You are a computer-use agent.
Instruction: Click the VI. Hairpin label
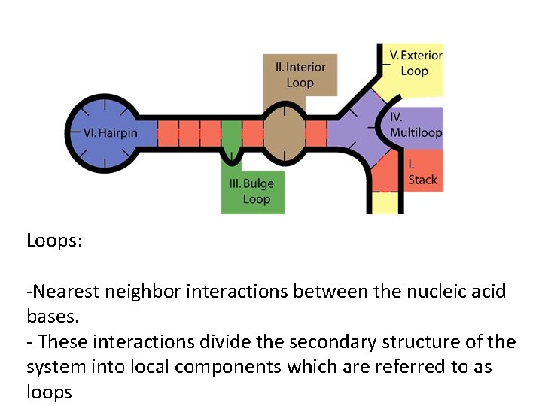tap(110, 133)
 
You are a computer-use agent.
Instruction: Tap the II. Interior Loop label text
tap(300, 74)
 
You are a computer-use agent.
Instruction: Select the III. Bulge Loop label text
tap(252, 191)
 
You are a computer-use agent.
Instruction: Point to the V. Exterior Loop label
tap(416, 63)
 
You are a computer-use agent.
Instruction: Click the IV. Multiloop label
tap(416, 125)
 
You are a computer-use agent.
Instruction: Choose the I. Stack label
tap(422, 172)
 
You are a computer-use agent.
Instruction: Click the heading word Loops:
tap(54, 241)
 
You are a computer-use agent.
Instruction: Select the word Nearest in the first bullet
tap(67, 291)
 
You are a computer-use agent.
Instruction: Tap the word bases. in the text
tap(53, 317)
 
